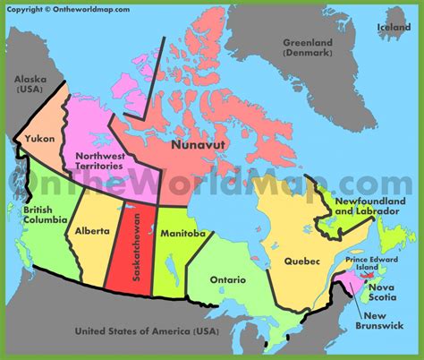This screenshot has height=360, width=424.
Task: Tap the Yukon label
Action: [x=39, y=139]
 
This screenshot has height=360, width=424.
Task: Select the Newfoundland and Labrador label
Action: [x=366, y=207]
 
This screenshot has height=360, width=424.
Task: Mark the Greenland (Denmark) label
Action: [x=308, y=47]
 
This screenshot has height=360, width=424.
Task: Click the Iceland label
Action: [x=394, y=27]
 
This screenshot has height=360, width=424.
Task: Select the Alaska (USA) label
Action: [x=30, y=84]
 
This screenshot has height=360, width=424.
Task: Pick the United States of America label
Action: [x=146, y=331]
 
